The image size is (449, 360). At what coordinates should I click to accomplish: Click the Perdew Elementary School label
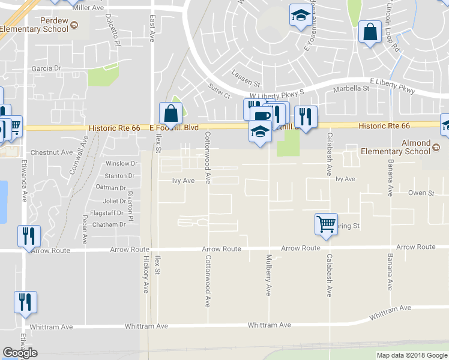(34, 25)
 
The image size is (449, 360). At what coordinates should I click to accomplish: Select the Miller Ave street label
(88, 8)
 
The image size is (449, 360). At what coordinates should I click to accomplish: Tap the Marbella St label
(352, 88)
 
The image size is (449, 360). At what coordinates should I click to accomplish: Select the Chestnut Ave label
(51, 152)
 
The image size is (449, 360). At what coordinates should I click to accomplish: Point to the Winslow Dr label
(118, 163)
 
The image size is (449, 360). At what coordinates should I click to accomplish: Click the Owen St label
(421, 193)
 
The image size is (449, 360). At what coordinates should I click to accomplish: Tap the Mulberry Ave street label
(268, 275)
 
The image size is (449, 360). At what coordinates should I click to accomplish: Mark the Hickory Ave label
(145, 275)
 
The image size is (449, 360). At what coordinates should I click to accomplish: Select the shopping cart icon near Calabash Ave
(326, 224)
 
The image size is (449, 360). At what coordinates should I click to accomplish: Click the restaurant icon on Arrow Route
(28, 236)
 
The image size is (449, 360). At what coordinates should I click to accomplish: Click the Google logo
(20, 353)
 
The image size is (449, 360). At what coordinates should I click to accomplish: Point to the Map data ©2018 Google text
(411, 355)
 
